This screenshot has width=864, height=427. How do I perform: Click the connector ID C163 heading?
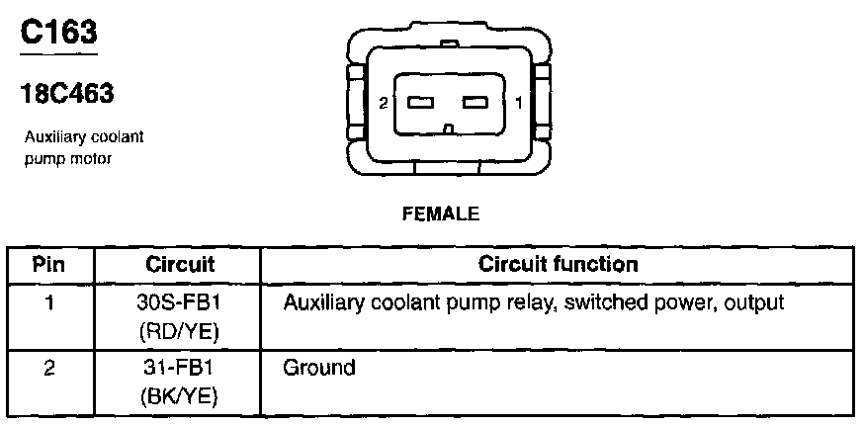tap(59, 33)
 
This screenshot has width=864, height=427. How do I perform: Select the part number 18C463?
tap(67, 94)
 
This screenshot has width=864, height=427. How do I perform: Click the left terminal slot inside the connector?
tap(420, 103)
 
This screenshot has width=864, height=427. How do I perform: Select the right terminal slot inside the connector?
tap(476, 103)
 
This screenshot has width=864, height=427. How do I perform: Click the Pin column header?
tap(49, 265)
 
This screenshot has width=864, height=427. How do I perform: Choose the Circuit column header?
tap(180, 265)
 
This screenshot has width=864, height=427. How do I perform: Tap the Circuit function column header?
tap(558, 265)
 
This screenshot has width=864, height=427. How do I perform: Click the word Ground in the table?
tap(318, 369)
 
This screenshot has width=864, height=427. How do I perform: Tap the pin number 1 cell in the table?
tap(49, 300)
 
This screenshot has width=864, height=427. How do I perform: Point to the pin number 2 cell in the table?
tap(49, 369)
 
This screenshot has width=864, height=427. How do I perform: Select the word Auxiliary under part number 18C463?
tap(52, 138)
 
